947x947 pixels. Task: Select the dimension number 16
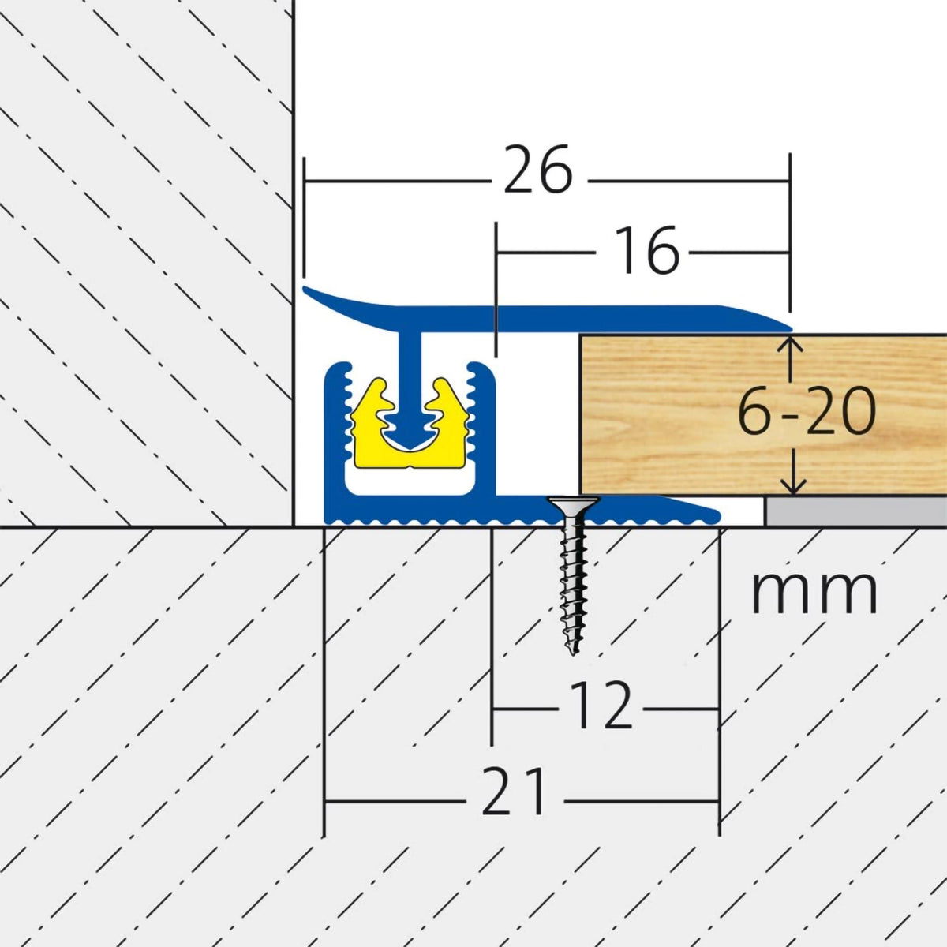pos(646,252)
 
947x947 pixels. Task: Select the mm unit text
pos(814,591)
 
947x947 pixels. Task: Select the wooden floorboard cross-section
pos(679,414)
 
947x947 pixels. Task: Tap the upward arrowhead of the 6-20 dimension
pos(794,344)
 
